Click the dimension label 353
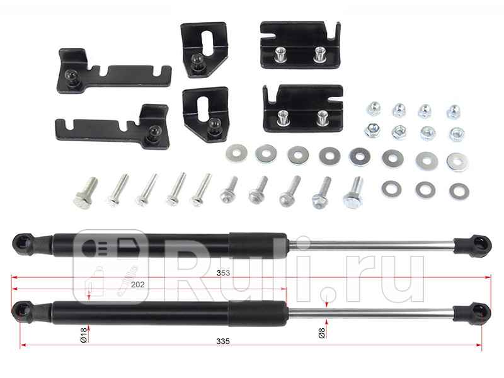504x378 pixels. pos(223,273)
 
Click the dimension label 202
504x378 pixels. pos(137,285)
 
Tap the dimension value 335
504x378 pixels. pos(223,341)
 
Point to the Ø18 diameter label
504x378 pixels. pos(84,335)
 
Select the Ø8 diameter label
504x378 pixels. pos(321,333)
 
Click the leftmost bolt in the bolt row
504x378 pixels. pos(85,193)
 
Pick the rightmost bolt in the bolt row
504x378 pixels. pos(354,192)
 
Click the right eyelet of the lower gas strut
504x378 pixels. pos(480,311)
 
